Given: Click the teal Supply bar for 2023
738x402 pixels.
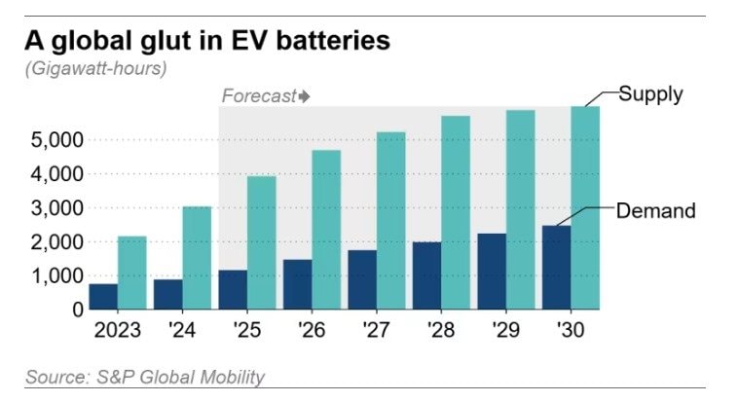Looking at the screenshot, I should pos(132,273).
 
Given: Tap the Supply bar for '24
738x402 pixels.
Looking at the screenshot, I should pos(197,258).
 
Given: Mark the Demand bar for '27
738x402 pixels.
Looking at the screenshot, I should pos(362,279).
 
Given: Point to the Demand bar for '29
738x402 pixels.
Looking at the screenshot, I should pos(492,272).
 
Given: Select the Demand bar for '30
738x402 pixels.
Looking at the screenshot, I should pos(556,268).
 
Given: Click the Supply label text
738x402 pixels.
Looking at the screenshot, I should pos(651,94).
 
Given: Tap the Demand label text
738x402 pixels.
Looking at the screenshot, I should pos(656,209).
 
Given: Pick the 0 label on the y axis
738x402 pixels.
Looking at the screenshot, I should pos(75,310).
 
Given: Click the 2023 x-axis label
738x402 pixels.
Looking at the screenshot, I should pos(118,331).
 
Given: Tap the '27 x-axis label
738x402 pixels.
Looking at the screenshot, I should pos(376,331).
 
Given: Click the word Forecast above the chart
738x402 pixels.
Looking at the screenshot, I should pos(258,95).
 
